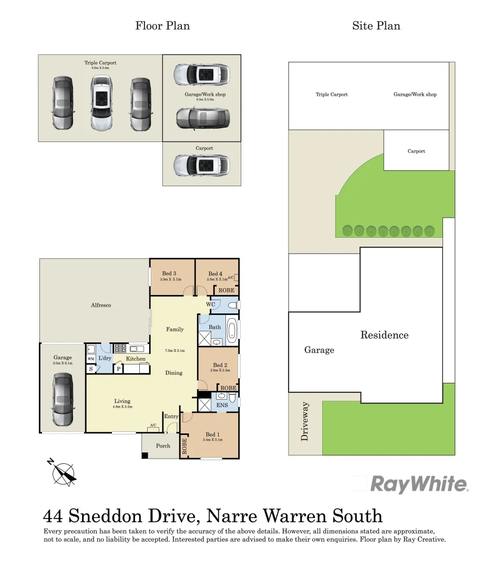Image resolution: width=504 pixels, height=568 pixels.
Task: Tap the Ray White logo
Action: coord(419,484)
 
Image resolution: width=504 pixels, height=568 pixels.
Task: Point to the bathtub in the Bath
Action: coord(232,331)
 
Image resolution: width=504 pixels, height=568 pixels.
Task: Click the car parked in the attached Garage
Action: coord(63,400)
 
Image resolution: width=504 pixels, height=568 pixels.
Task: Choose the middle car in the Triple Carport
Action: coord(101,103)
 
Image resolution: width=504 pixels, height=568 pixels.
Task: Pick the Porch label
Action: coord(163,446)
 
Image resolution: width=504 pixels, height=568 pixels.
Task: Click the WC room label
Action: coord(210,305)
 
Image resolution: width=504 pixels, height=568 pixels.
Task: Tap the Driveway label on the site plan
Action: coord(305,421)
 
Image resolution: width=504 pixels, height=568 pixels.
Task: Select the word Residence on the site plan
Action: coord(384,335)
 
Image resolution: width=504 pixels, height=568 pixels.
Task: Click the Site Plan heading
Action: coord(376,26)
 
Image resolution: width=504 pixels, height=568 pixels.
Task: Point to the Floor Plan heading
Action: coord(162,26)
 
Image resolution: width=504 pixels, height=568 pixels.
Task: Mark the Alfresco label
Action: coord(101,305)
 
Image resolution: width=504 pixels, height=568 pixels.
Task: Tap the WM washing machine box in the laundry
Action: coord(91,359)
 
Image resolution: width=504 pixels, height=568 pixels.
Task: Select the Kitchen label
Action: coord(136,359)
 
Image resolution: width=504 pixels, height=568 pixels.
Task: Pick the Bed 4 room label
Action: coord(215,273)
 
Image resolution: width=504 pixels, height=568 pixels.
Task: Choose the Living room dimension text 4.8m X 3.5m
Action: coord(122,407)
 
